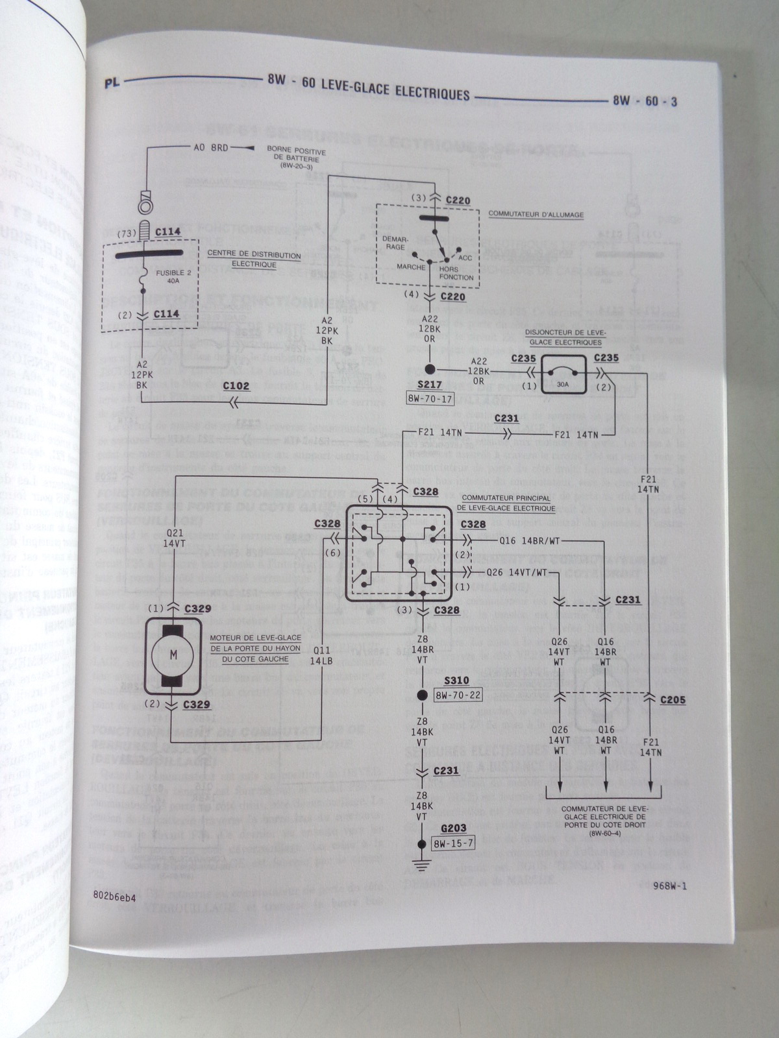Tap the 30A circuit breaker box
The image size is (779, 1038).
pos(563,375)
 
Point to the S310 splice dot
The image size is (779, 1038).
pos(422,695)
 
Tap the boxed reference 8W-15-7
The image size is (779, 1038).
pos(453,843)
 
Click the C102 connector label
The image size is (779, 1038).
pos(237,385)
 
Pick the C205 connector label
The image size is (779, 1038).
pos(672,700)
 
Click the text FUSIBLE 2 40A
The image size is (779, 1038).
pos(173,277)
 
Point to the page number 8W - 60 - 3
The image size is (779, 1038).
pos(645,102)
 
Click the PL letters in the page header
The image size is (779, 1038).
pos(112,83)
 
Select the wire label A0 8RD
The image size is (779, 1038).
pos(211,147)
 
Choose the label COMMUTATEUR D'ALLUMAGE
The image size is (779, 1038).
pos(536,215)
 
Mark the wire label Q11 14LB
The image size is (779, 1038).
pos(321,655)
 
